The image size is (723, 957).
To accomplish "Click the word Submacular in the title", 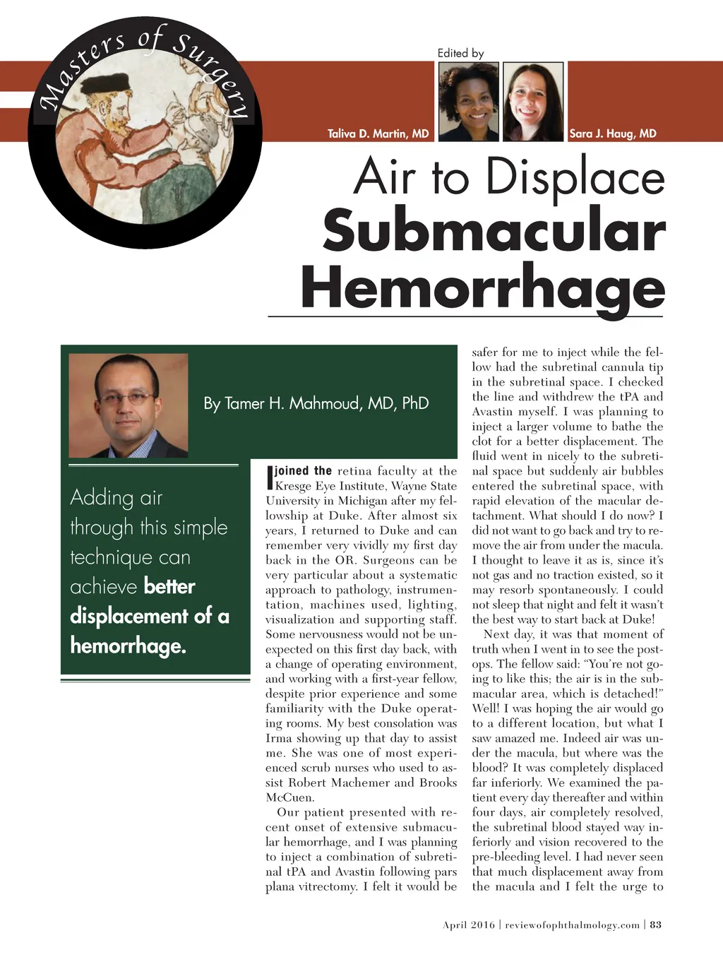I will click(494, 230).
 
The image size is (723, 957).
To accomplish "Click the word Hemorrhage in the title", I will click(483, 287).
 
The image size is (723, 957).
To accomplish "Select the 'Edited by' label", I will click(460, 53).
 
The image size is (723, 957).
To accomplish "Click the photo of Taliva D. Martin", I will click(469, 102).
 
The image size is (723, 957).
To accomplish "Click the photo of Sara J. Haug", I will click(533, 102).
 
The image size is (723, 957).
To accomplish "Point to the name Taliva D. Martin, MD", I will click(378, 133).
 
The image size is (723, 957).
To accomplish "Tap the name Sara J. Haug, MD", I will click(613, 133).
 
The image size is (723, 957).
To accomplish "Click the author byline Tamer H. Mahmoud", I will click(316, 403).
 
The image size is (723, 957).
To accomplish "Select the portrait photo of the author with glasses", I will click(129, 405).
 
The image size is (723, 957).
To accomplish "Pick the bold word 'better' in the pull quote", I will click(169, 586).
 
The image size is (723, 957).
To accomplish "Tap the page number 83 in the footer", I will click(656, 925).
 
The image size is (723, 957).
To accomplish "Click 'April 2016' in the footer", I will click(469, 925).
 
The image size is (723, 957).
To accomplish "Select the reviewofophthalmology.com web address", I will click(573, 925).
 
